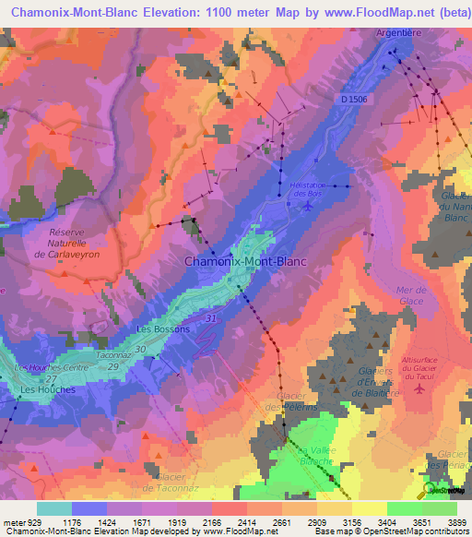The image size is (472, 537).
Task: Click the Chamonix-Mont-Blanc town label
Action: (x=245, y=261)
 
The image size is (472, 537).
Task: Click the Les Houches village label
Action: (x=48, y=389)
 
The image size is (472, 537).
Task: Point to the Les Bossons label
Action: (x=163, y=328)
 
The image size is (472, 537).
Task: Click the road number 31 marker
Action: (x=212, y=318)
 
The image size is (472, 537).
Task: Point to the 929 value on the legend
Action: (x=31, y=522)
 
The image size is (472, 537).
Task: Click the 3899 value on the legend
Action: (x=456, y=522)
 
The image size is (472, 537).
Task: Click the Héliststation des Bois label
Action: (x=304, y=189)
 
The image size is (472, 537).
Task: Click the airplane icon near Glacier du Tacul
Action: (x=421, y=388)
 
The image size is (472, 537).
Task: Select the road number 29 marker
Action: (x=113, y=367)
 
